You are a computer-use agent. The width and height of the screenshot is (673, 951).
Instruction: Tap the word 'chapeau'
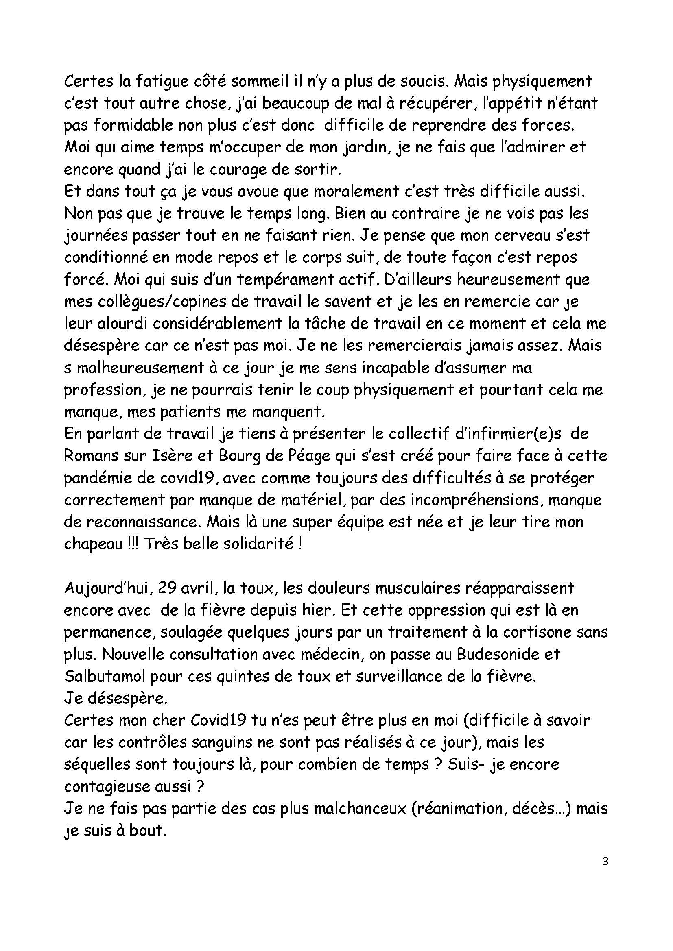[94, 544]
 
